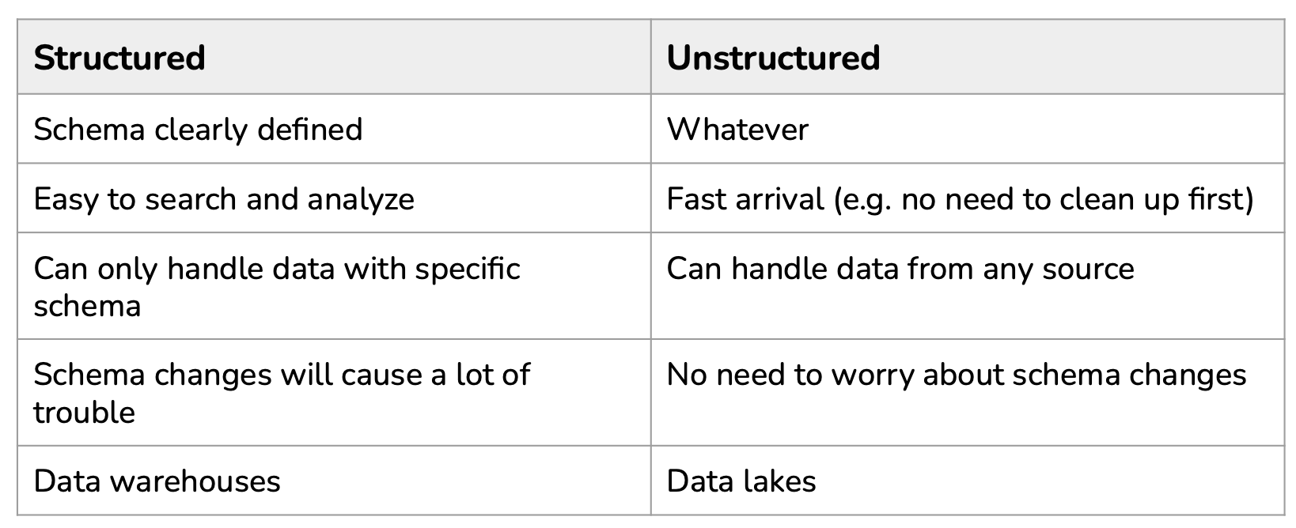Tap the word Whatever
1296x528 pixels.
(x=737, y=130)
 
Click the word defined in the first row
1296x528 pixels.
(x=309, y=130)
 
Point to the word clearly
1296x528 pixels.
(x=201, y=130)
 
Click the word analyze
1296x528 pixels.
(x=361, y=200)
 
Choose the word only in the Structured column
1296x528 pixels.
(x=127, y=270)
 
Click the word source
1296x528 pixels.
(x=1088, y=270)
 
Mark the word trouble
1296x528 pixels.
(x=84, y=413)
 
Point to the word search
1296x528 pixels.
(x=191, y=200)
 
